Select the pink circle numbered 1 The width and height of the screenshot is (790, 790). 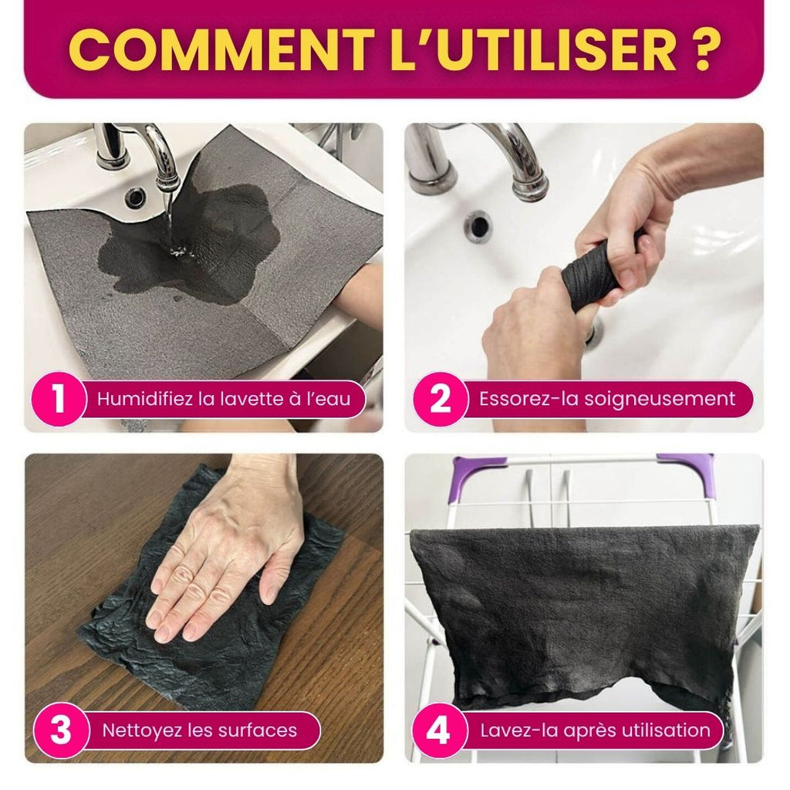[58, 400]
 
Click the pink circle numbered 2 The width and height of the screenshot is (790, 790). [439, 400]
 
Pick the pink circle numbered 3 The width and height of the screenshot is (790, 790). [60, 730]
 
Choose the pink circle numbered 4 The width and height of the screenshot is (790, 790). [438, 730]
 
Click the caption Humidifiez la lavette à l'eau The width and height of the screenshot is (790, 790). [223, 400]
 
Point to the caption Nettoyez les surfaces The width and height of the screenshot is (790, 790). [199, 730]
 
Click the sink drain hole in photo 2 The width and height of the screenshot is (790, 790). [478, 226]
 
